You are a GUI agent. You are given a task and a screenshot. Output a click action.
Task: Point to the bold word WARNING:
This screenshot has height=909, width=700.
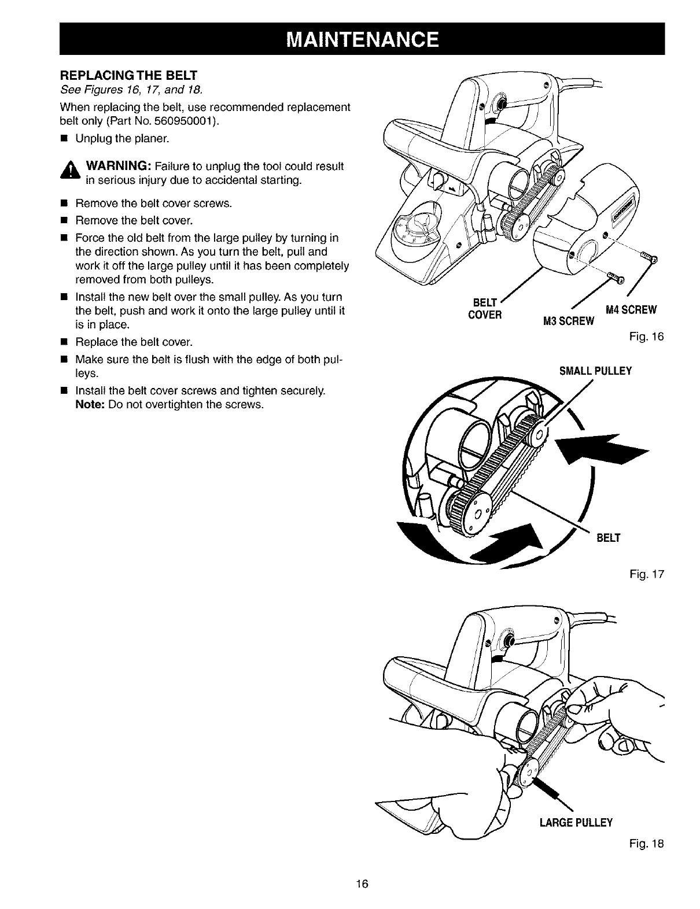point(119,167)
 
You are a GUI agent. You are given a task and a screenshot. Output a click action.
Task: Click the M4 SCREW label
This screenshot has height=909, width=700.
point(631,310)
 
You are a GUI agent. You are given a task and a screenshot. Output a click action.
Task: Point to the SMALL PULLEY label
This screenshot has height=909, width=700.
point(595,371)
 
